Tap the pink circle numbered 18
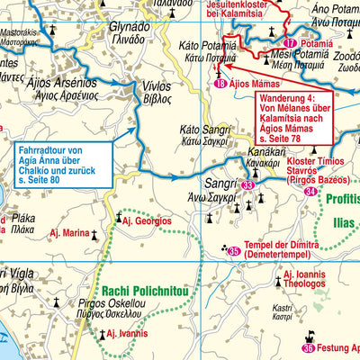point(220,85)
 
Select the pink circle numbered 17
point(289,43)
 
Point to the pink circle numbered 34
point(310,192)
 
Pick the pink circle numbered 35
point(234,251)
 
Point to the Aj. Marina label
point(70,234)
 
